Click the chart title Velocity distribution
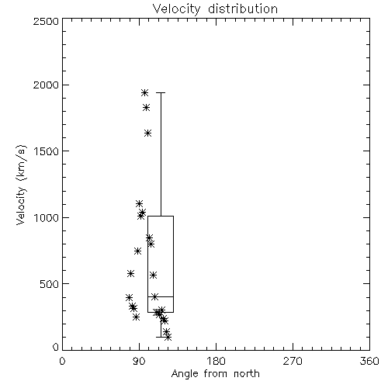tap(215, 9)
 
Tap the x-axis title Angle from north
tap(215, 374)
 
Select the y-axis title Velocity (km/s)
tap(21, 185)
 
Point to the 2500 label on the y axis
tap(46, 21)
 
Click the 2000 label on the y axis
tap(46, 85)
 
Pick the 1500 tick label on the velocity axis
tap(47, 151)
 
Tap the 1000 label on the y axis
tap(47, 217)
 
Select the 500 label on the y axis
tap(50, 284)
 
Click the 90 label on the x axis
tap(139, 361)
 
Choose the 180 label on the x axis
tap(216, 361)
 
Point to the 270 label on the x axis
tap(293, 361)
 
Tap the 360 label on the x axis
tap(369, 361)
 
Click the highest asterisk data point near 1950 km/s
tap(144, 92)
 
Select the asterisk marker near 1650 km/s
tap(147, 133)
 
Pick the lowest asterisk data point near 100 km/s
tap(168, 337)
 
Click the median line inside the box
tap(161, 296)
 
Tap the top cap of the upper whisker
tap(161, 92)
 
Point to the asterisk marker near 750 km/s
tap(137, 251)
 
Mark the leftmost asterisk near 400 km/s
tap(129, 297)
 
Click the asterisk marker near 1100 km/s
tap(140, 203)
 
